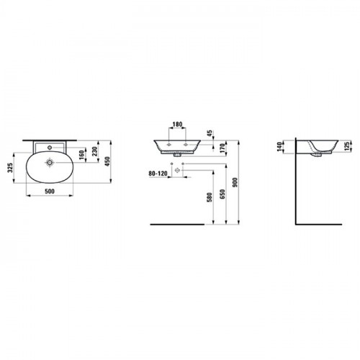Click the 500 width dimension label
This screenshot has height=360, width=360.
pos(50,192)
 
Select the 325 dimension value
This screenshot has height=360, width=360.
pos(10,168)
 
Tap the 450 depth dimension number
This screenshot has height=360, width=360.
pos(107,161)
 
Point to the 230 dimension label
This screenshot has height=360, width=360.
pos(95,151)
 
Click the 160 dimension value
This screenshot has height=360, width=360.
pos(82,155)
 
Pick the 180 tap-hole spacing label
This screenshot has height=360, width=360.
pos(177,125)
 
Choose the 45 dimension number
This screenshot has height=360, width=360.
pos(210,133)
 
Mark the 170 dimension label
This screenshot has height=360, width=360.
pos(222,148)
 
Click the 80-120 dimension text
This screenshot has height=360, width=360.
pos(158,174)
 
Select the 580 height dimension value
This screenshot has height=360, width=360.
pos(210,197)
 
